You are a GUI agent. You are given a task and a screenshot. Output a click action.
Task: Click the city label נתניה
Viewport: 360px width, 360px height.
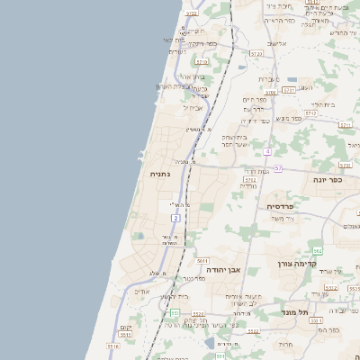[x=159, y=174]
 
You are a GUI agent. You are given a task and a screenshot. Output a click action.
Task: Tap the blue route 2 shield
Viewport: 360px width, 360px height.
[x=176, y=218]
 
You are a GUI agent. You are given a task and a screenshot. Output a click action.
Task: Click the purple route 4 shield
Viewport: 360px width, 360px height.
[x=268, y=151]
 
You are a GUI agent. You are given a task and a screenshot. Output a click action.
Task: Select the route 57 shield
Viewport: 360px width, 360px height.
[x=278, y=168]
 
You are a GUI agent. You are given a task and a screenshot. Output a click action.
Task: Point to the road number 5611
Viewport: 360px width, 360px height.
[x=202, y=260]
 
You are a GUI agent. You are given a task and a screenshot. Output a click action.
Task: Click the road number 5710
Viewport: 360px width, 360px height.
[x=202, y=62]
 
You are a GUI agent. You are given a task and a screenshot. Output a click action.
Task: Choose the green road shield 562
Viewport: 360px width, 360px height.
[x=317, y=250]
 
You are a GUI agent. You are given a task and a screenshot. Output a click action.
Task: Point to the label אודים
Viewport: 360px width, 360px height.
[x=141, y=291]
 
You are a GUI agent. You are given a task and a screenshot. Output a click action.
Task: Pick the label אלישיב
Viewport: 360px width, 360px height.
[x=276, y=43]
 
